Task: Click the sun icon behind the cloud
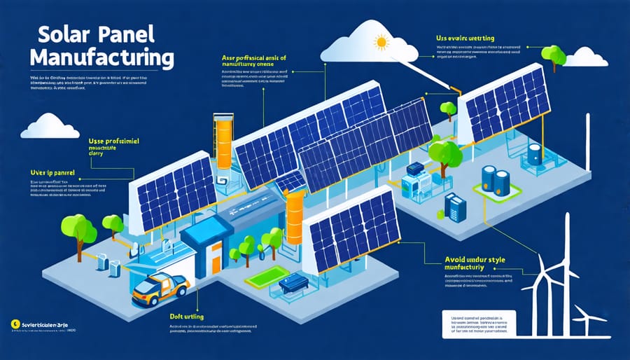[x=382, y=43]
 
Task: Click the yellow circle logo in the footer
[x=15, y=324]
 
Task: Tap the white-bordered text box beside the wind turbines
[x=479, y=326]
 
